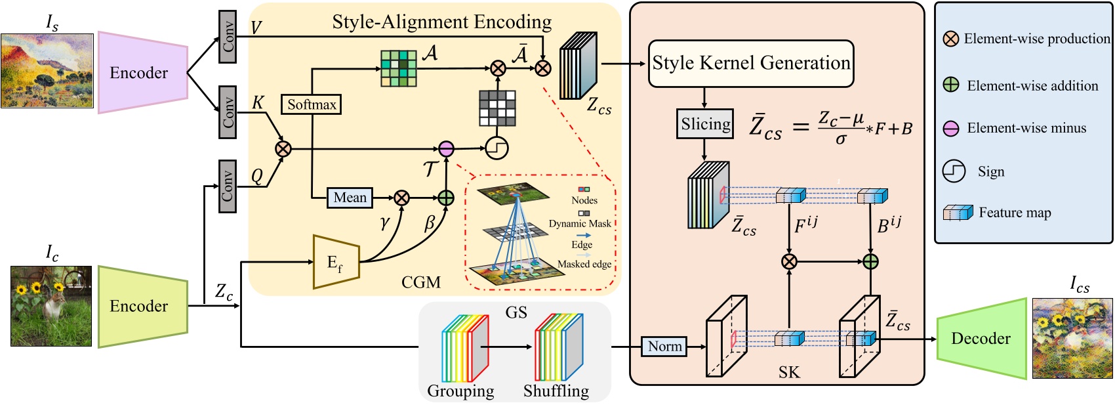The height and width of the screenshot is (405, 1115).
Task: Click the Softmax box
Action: coord(312,104)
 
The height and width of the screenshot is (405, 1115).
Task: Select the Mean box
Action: coord(350,198)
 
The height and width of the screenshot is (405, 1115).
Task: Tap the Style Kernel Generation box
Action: coord(751,64)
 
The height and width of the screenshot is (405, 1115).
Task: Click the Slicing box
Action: coord(705,124)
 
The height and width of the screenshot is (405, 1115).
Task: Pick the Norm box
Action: coord(664,347)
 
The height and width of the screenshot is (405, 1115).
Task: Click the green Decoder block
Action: coord(981,339)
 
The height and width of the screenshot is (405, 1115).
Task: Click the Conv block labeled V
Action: coord(228,37)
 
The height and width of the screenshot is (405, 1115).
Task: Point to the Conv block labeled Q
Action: coord(228,186)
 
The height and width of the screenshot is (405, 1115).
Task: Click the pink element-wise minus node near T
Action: coord(446,149)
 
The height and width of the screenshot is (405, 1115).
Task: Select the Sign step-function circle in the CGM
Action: coord(497,148)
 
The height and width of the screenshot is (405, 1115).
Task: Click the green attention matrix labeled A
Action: coord(398,68)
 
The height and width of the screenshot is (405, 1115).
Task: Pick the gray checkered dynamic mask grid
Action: coord(497,108)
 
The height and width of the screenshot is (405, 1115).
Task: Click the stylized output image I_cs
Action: coord(1072,338)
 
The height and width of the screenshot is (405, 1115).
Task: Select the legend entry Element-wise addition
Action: coord(1032,86)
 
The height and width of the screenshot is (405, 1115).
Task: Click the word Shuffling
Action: coord(556,391)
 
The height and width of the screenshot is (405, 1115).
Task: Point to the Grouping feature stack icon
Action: coord(465,348)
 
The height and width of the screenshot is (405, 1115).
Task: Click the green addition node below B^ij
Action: coord(870,262)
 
